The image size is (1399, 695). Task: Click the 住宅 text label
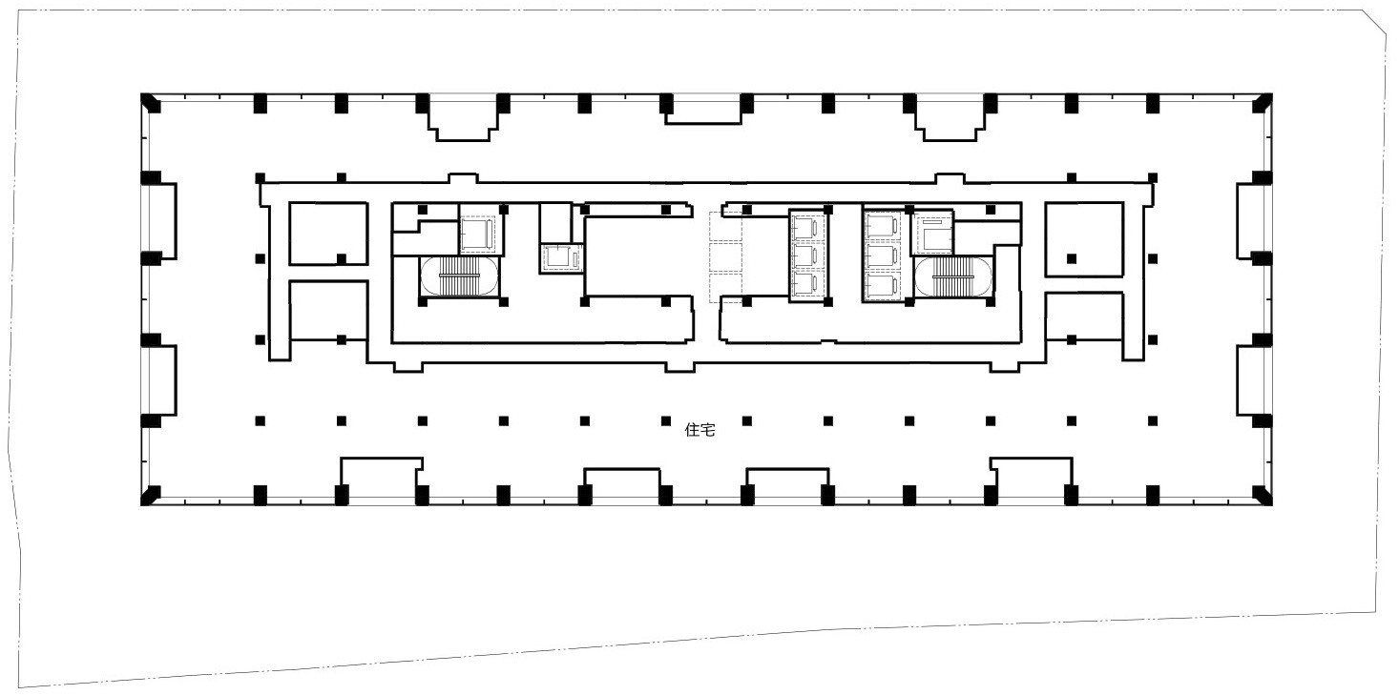pos(699,430)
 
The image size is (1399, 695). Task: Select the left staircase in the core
pos(459,276)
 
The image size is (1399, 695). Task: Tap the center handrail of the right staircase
pos(953,276)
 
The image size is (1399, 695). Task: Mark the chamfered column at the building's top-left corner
pos(150,103)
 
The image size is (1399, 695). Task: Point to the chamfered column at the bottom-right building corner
pos(1263,496)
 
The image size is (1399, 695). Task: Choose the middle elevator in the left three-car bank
pos(807,256)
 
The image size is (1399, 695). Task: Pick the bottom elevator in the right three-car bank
pos(883,287)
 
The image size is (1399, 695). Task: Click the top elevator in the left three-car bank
pos(807,227)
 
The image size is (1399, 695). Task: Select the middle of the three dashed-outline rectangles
pos(725,257)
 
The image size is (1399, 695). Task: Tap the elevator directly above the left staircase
pos(478,233)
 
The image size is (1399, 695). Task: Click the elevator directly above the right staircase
pos(933,234)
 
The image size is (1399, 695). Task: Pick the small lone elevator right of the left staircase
pos(560,257)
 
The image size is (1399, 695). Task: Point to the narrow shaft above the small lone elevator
pos(555,222)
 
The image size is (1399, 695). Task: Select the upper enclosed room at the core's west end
pos(328,233)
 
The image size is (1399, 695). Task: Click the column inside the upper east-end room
pos(1072,258)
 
